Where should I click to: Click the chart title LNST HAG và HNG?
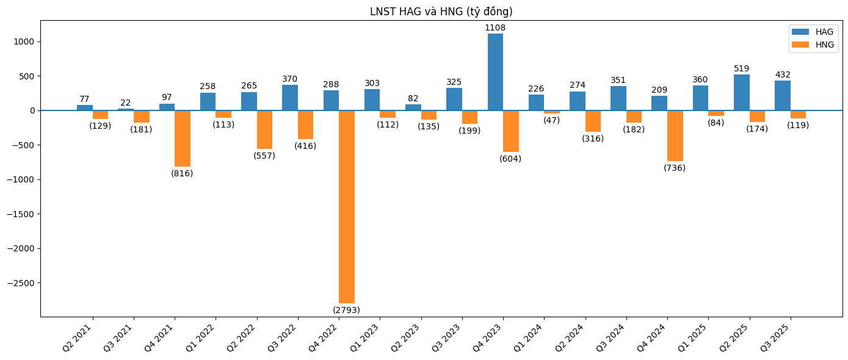click(x=441, y=12)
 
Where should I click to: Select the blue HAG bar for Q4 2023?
click(x=495, y=72)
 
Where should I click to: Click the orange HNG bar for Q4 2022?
click(x=347, y=206)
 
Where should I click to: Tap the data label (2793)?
click(x=346, y=310)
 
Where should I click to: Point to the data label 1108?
click(x=495, y=28)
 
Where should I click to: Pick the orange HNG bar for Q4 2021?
click(x=183, y=139)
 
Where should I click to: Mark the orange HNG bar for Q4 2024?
click(x=675, y=135)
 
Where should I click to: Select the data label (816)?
click(x=182, y=173)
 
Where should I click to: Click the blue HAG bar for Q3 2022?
click(x=290, y=98)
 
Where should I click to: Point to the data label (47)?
click(x=552, y=120)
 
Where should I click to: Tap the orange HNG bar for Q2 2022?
click(x=264, y=129)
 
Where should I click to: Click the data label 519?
click(x=742, y=69)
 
